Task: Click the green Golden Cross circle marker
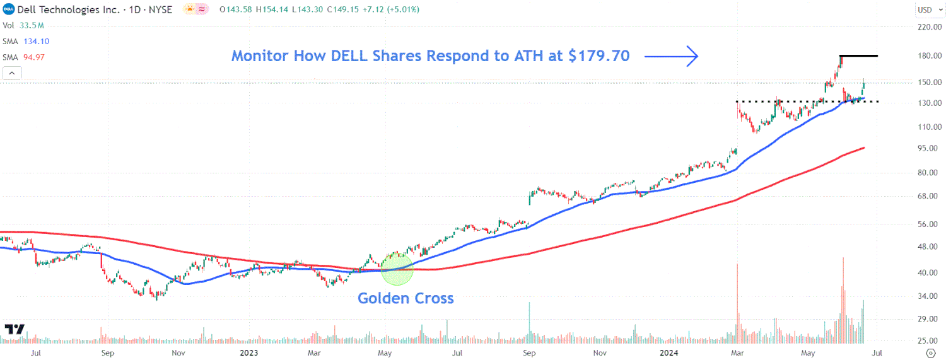click(x=397, y=269)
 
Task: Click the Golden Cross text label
click(x=406, y=298)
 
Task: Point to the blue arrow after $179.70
click(x=671, y=56)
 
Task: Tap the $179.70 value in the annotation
click(x=599, y=56)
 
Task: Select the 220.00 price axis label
click(x=930, y=27)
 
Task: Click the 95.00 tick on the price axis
click(x=930, y=148)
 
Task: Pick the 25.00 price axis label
click(x=930, y=341)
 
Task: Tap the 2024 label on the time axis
click(x=668, y=352)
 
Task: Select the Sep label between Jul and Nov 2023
click(x=529, y=352)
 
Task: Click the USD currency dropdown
click(x=928, y=9)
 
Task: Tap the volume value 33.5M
click(x=32, y=25)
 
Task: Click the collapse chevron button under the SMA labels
click(x=13, y=73)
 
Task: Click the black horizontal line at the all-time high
click(x=858, y=56)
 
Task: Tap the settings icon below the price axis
click(x=930, y=352)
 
